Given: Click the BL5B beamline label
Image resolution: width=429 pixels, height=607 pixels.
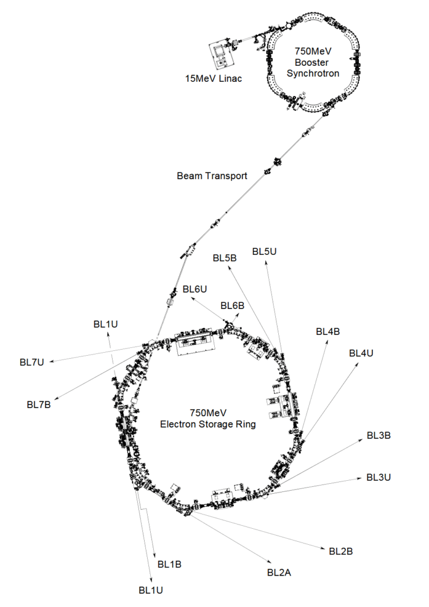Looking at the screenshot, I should (225, 258).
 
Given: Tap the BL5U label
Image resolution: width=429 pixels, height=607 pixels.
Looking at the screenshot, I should (264, 251).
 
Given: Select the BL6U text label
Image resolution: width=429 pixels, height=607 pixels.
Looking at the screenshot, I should (195, 289).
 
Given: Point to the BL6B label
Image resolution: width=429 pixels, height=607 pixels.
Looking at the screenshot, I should (233, 305).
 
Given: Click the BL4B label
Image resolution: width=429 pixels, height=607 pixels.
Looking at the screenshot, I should (328, 331).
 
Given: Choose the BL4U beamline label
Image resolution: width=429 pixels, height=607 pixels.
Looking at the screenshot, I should (361, 353).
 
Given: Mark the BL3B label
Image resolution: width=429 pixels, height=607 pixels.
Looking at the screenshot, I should (378, 435).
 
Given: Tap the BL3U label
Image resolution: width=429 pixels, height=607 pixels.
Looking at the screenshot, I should (378, 477).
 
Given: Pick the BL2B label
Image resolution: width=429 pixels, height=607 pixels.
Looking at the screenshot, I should (341, 551).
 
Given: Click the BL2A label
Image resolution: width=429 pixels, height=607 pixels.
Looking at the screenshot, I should (279, 573).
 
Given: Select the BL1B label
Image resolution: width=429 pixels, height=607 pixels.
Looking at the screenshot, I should (169, 564).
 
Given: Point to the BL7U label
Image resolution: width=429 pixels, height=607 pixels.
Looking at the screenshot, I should (32, 362).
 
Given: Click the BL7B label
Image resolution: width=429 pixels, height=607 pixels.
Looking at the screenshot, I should (39, 405).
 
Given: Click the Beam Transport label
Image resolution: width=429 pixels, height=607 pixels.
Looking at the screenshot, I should (212, 176).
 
